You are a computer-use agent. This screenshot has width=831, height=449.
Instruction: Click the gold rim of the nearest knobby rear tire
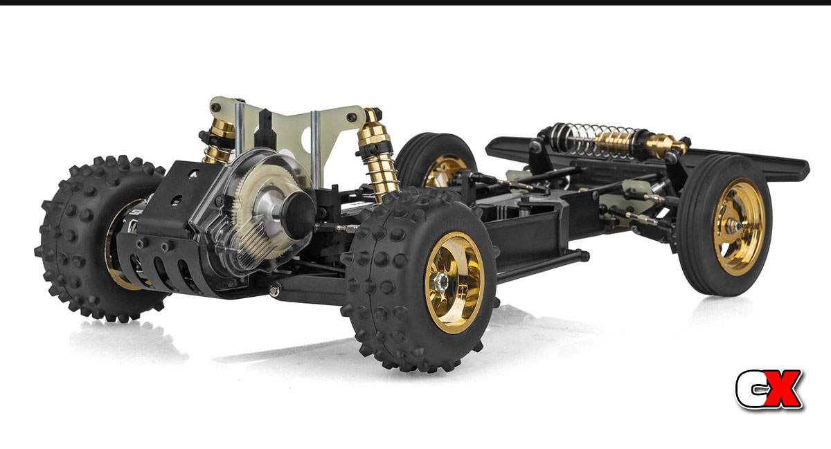454,282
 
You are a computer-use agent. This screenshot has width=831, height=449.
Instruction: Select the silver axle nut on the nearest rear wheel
442,281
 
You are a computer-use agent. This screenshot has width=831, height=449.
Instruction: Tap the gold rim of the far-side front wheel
443,172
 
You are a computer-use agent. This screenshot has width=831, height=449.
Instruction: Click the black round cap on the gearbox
298,215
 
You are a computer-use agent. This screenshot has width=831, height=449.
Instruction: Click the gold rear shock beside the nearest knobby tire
377,156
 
